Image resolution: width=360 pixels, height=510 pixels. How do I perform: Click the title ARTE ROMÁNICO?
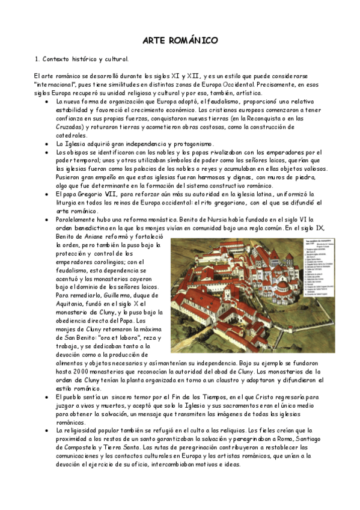[x=180, y=40]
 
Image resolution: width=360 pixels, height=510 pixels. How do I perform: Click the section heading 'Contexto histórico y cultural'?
[x=85, y=60]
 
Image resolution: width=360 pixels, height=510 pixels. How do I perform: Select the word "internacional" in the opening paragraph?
[x=58, y=85]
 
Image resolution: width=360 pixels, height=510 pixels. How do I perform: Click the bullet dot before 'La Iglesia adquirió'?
[x=47, y=144]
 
